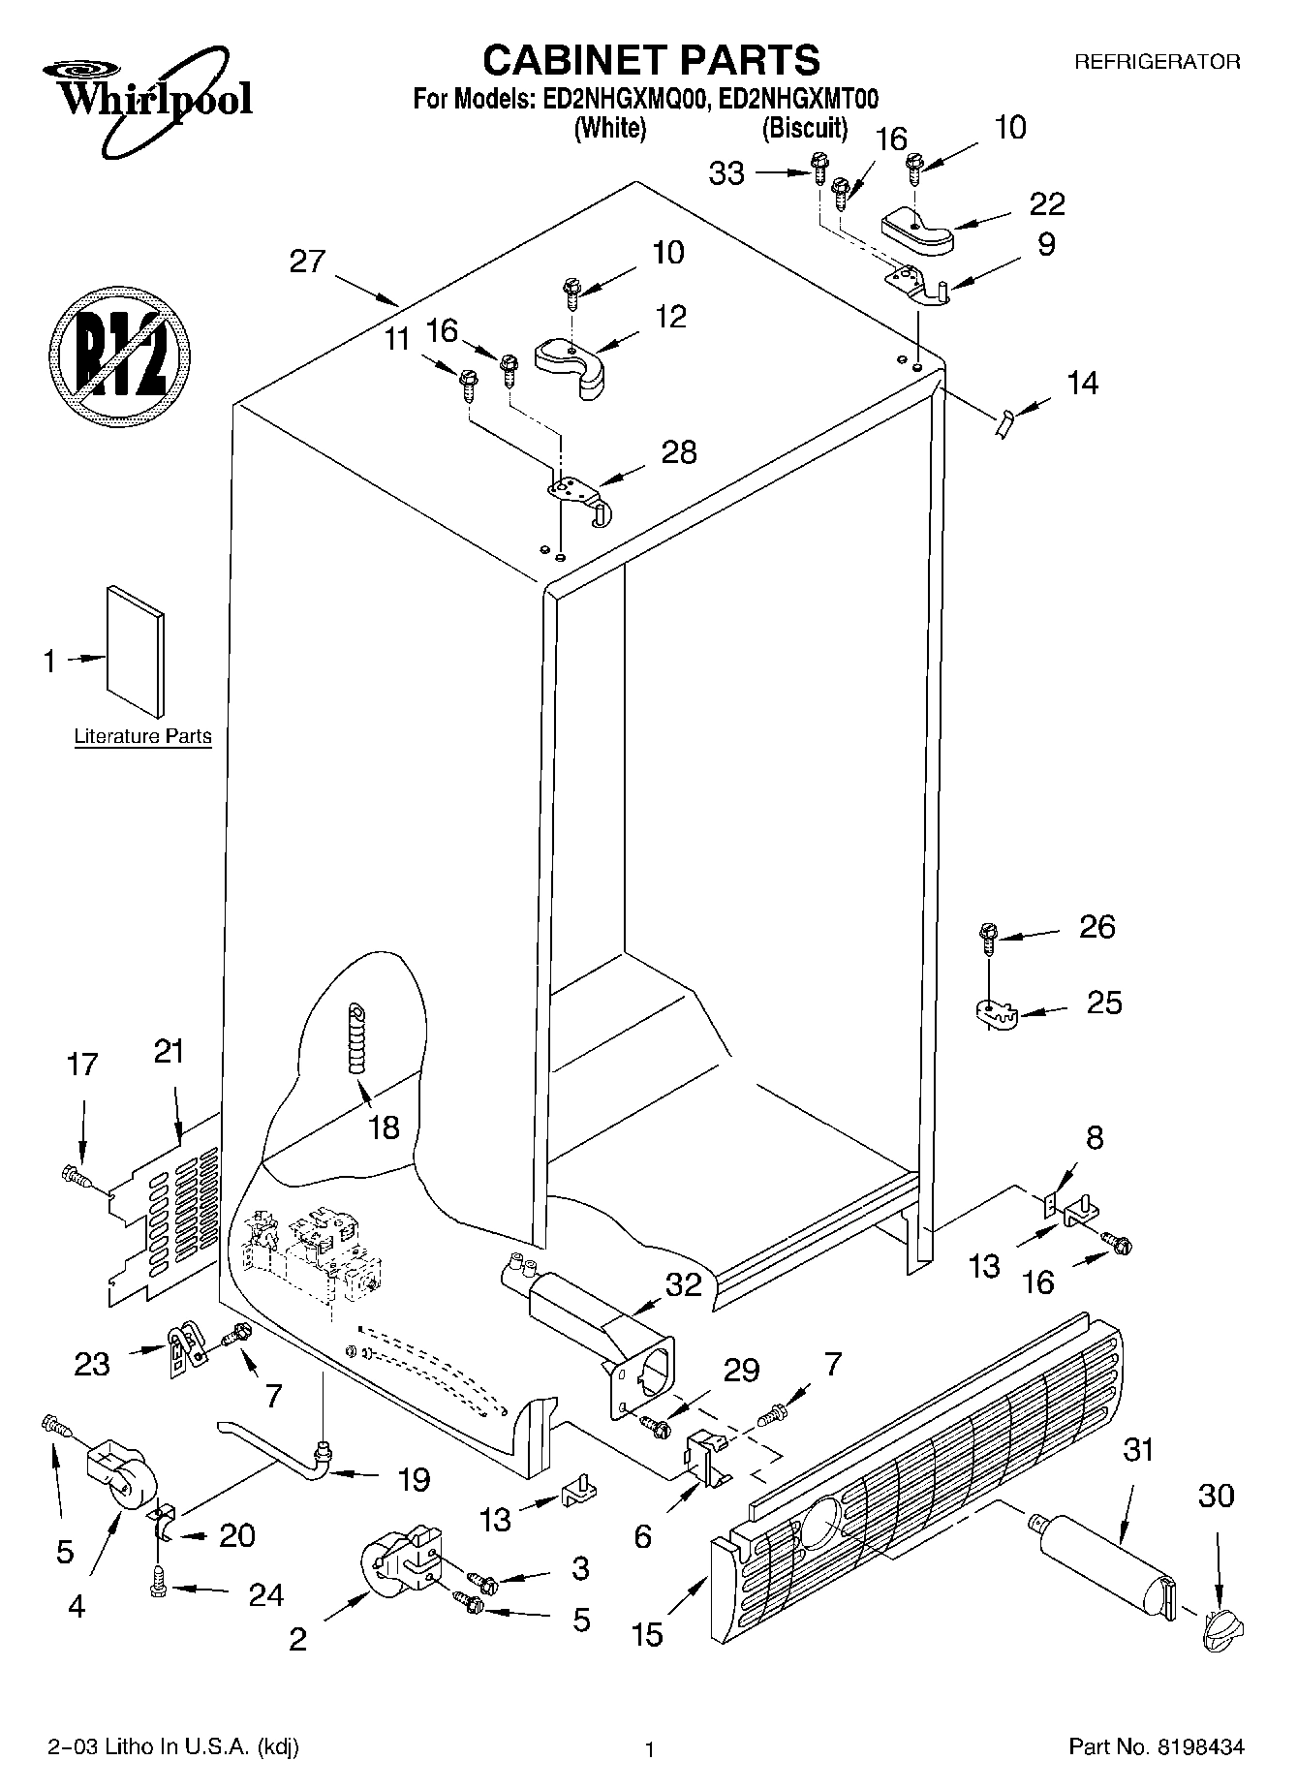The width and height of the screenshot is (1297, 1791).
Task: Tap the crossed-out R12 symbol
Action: point(119,354)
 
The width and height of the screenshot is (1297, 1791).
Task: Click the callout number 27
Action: point(307,262)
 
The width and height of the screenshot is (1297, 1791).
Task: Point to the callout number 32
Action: point(683,1284)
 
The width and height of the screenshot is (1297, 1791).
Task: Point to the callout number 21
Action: point(170,1051)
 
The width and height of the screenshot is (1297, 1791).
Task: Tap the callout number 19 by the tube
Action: point(414,1479)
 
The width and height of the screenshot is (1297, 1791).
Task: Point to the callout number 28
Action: point(678,452)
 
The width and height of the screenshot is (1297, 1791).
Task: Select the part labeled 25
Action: point(994,1015)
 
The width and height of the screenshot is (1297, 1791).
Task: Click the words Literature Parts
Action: point(142,737)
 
